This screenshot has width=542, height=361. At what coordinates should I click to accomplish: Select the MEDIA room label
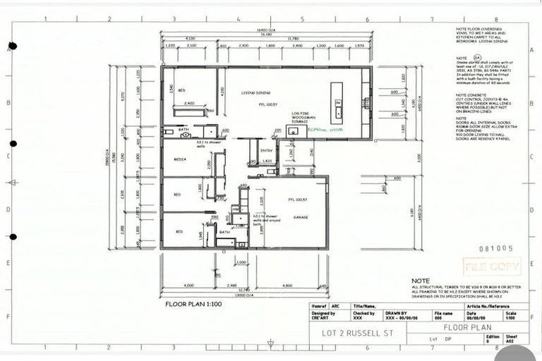point(179,159)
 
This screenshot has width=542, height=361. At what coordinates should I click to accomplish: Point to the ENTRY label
point(267,150)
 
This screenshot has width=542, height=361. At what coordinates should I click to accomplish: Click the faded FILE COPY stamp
point(492,267)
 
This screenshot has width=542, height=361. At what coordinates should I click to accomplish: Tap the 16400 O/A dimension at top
point(265,30)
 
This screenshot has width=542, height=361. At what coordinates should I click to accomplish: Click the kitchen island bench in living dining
point(337,100)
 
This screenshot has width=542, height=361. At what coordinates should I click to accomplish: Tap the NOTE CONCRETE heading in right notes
point(471,95)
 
